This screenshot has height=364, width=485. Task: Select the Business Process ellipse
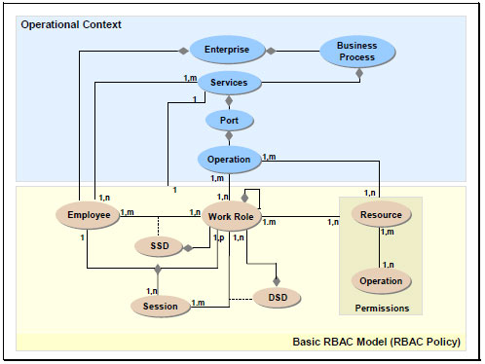click(356, 51)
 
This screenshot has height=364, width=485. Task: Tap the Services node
click(229, 83)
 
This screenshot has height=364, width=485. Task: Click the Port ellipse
click(229, 121)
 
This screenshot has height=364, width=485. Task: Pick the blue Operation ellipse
click(229, 159)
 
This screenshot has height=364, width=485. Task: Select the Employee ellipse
click(87, 214)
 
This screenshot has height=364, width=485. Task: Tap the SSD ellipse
click(160, 246)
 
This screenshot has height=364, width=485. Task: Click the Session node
click(160, 306)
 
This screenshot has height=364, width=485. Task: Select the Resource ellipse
click(381, 215)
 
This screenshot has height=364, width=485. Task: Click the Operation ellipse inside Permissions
click(381, 281)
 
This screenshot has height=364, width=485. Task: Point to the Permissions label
click(381, 309)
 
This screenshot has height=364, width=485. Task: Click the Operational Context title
click(71, 23)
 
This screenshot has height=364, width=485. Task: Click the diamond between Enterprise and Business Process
click(273, 50)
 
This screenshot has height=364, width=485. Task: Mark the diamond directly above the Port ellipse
click(229, 101)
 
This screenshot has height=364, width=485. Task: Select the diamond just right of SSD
click(188, 247)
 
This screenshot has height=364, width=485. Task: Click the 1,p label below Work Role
click(218, 238)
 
